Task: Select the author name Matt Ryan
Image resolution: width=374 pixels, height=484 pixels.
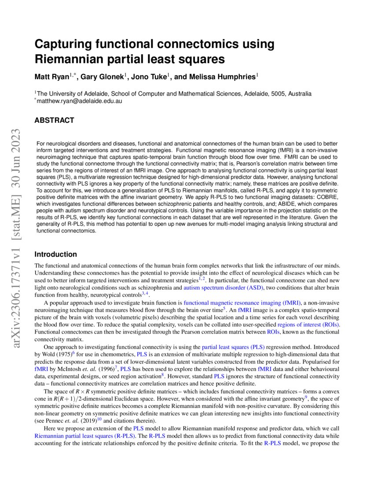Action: [51, 77]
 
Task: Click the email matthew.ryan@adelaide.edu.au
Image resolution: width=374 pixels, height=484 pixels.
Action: [79, 101]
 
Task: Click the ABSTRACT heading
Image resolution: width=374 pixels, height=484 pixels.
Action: [55, 120]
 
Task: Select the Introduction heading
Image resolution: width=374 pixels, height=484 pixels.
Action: [56, 254]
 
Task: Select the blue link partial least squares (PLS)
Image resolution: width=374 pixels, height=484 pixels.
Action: [233, 347]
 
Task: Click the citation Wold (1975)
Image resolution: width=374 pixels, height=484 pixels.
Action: [57, 354]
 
